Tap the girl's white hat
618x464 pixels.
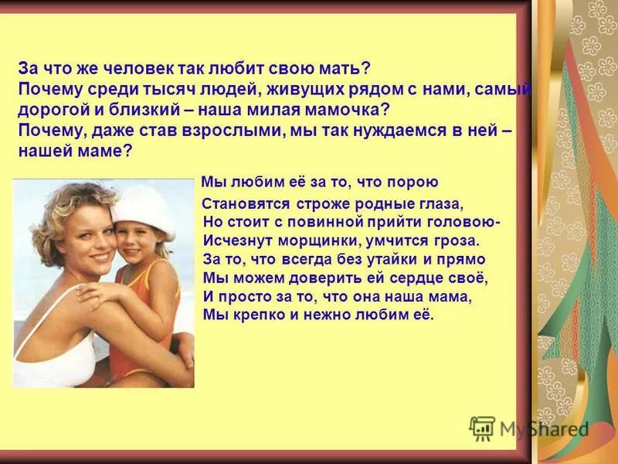tap(144, 208)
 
